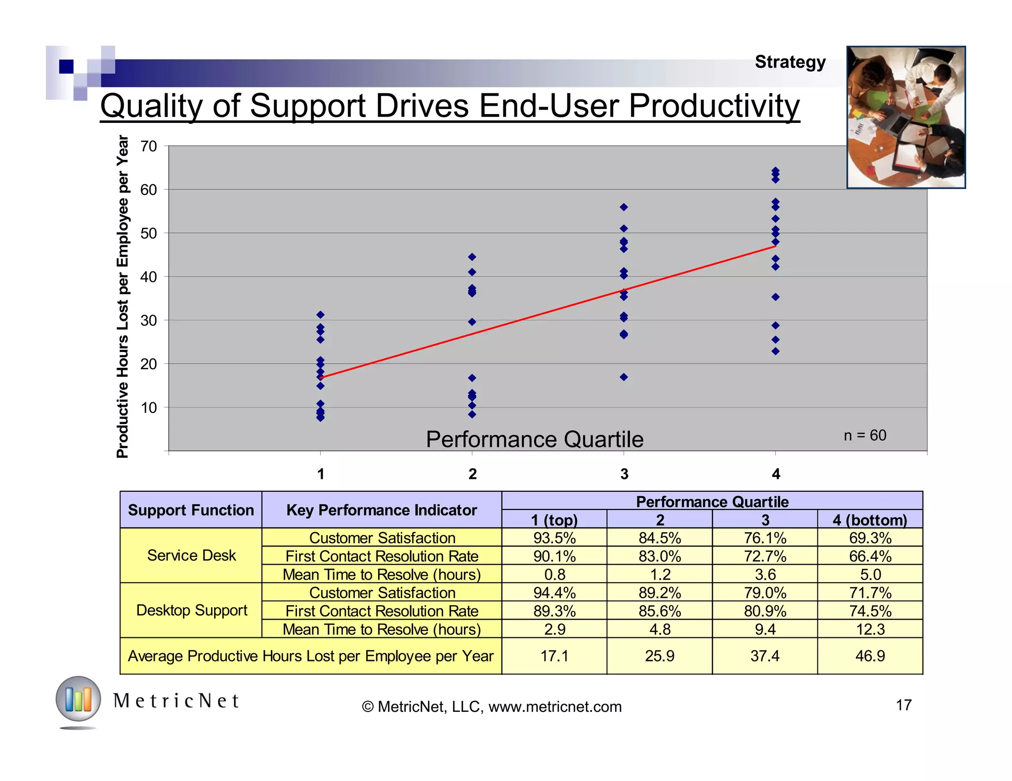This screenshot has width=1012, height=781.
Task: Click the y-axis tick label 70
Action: tap(149, 146)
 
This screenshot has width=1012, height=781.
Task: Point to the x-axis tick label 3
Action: tap(624, 474)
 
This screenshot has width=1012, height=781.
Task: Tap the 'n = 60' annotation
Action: tap(865, 435)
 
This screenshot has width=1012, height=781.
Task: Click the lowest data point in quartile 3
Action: tap(624, 377)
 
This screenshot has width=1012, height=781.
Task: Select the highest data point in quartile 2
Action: tap(472, 257)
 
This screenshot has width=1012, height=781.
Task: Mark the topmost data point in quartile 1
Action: tap(320, 315)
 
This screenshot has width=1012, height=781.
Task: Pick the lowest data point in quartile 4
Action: tap(775, 351)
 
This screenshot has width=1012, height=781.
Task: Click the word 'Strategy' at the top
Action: tap(790, 62)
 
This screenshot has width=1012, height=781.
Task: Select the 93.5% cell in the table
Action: tap(554, 538)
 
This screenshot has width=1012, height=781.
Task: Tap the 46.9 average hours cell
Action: tap(870, 656)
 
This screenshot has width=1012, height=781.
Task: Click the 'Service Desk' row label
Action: tap(191, 555)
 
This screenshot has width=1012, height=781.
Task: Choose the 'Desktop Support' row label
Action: tap(191, 610)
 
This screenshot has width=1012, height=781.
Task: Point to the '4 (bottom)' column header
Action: tap(870, 520)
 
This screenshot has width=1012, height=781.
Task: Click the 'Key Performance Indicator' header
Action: tap(381, 510)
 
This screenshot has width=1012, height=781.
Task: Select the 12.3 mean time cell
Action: tap(870, 629)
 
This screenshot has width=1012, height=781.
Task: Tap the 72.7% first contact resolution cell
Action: tap(765, 556)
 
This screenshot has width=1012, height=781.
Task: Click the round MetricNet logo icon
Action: tap(78, 700)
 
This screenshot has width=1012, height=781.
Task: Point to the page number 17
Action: tap(903, 705)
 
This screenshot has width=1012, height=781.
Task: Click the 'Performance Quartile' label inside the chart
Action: tap(535, 439)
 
